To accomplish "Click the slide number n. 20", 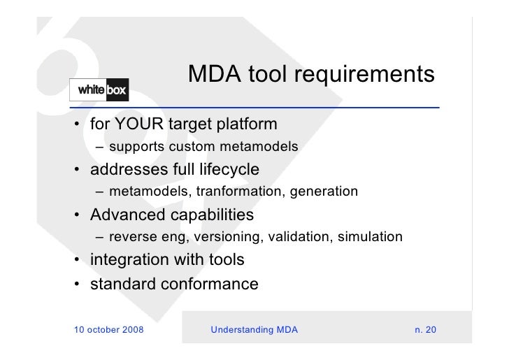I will (424, 329).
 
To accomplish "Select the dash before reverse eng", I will (102, 237).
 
